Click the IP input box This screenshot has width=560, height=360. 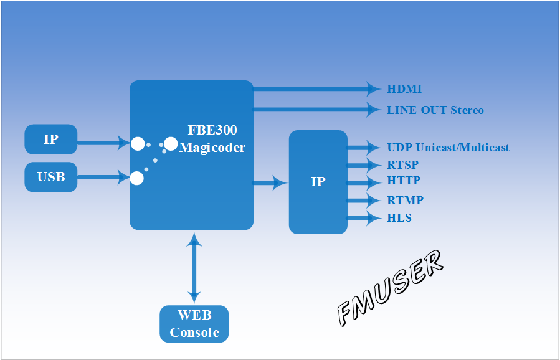point(50,140)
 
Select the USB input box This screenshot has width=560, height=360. point(50,177)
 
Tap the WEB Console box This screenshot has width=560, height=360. point(194,324)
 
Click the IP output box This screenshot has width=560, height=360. point(318,182)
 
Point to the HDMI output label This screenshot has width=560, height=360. point(404,89)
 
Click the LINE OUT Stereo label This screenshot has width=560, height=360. point(435,110)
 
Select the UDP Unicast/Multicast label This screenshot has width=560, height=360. point(448,148)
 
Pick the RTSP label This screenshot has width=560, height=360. point(403,165)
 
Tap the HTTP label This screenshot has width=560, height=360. point(404,181)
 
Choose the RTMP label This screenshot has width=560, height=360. point(406,201)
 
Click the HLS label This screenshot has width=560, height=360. point(399,218)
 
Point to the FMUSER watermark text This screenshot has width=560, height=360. point(390,288)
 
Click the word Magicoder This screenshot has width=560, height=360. point(212,148)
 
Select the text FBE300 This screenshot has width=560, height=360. point(212,130)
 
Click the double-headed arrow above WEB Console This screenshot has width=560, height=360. point(194,268)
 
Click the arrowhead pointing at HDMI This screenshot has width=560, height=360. point(374,89)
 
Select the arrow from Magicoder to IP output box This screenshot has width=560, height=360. point(270,183)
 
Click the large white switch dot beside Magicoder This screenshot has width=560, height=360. point(171,144)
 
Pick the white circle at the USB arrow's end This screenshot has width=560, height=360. point(136,178)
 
